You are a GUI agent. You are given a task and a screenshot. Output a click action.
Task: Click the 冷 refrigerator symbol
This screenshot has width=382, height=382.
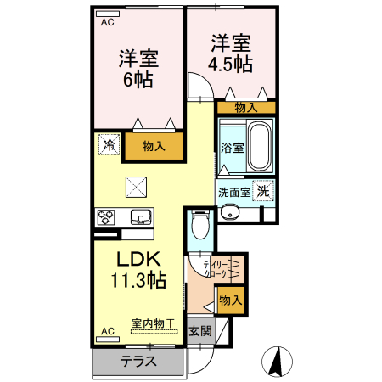[110, 146]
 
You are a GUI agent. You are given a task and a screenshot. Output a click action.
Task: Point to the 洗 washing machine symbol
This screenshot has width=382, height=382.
[265, 191]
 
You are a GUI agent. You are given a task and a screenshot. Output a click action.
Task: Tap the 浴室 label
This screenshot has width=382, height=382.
[233, 148]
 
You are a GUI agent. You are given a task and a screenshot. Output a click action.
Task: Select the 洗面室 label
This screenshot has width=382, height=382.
[233, 192]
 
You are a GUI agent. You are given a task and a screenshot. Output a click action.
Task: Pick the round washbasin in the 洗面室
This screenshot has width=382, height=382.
[227, 213]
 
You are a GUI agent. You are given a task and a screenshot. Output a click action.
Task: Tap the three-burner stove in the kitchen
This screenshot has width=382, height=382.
[108, 216]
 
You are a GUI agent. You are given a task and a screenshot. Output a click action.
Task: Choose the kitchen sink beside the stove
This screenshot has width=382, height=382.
[139, 216]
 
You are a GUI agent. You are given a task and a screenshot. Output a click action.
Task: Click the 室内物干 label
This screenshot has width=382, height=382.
[154, 323]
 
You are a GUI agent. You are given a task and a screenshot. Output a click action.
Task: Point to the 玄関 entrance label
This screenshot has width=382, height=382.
[199, 331]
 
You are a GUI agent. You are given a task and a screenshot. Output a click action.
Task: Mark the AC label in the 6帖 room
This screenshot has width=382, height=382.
[108, 23]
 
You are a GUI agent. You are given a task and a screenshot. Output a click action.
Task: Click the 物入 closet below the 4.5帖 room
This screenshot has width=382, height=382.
[245, 107]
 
